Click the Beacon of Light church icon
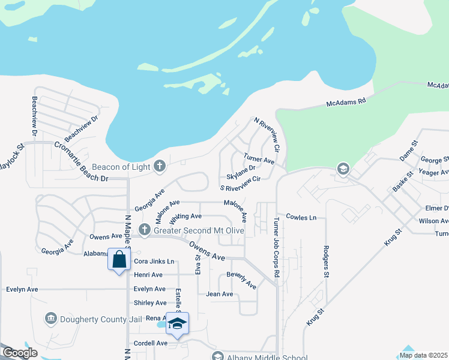160,166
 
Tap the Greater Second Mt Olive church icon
144,230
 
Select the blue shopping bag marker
119,260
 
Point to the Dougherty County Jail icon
50,317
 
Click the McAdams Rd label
346,103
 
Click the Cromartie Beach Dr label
80,161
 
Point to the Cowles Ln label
301,217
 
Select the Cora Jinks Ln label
154,262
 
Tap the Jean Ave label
219,294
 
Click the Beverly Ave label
241,280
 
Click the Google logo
20,353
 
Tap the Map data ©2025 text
423,355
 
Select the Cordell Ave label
151,343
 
